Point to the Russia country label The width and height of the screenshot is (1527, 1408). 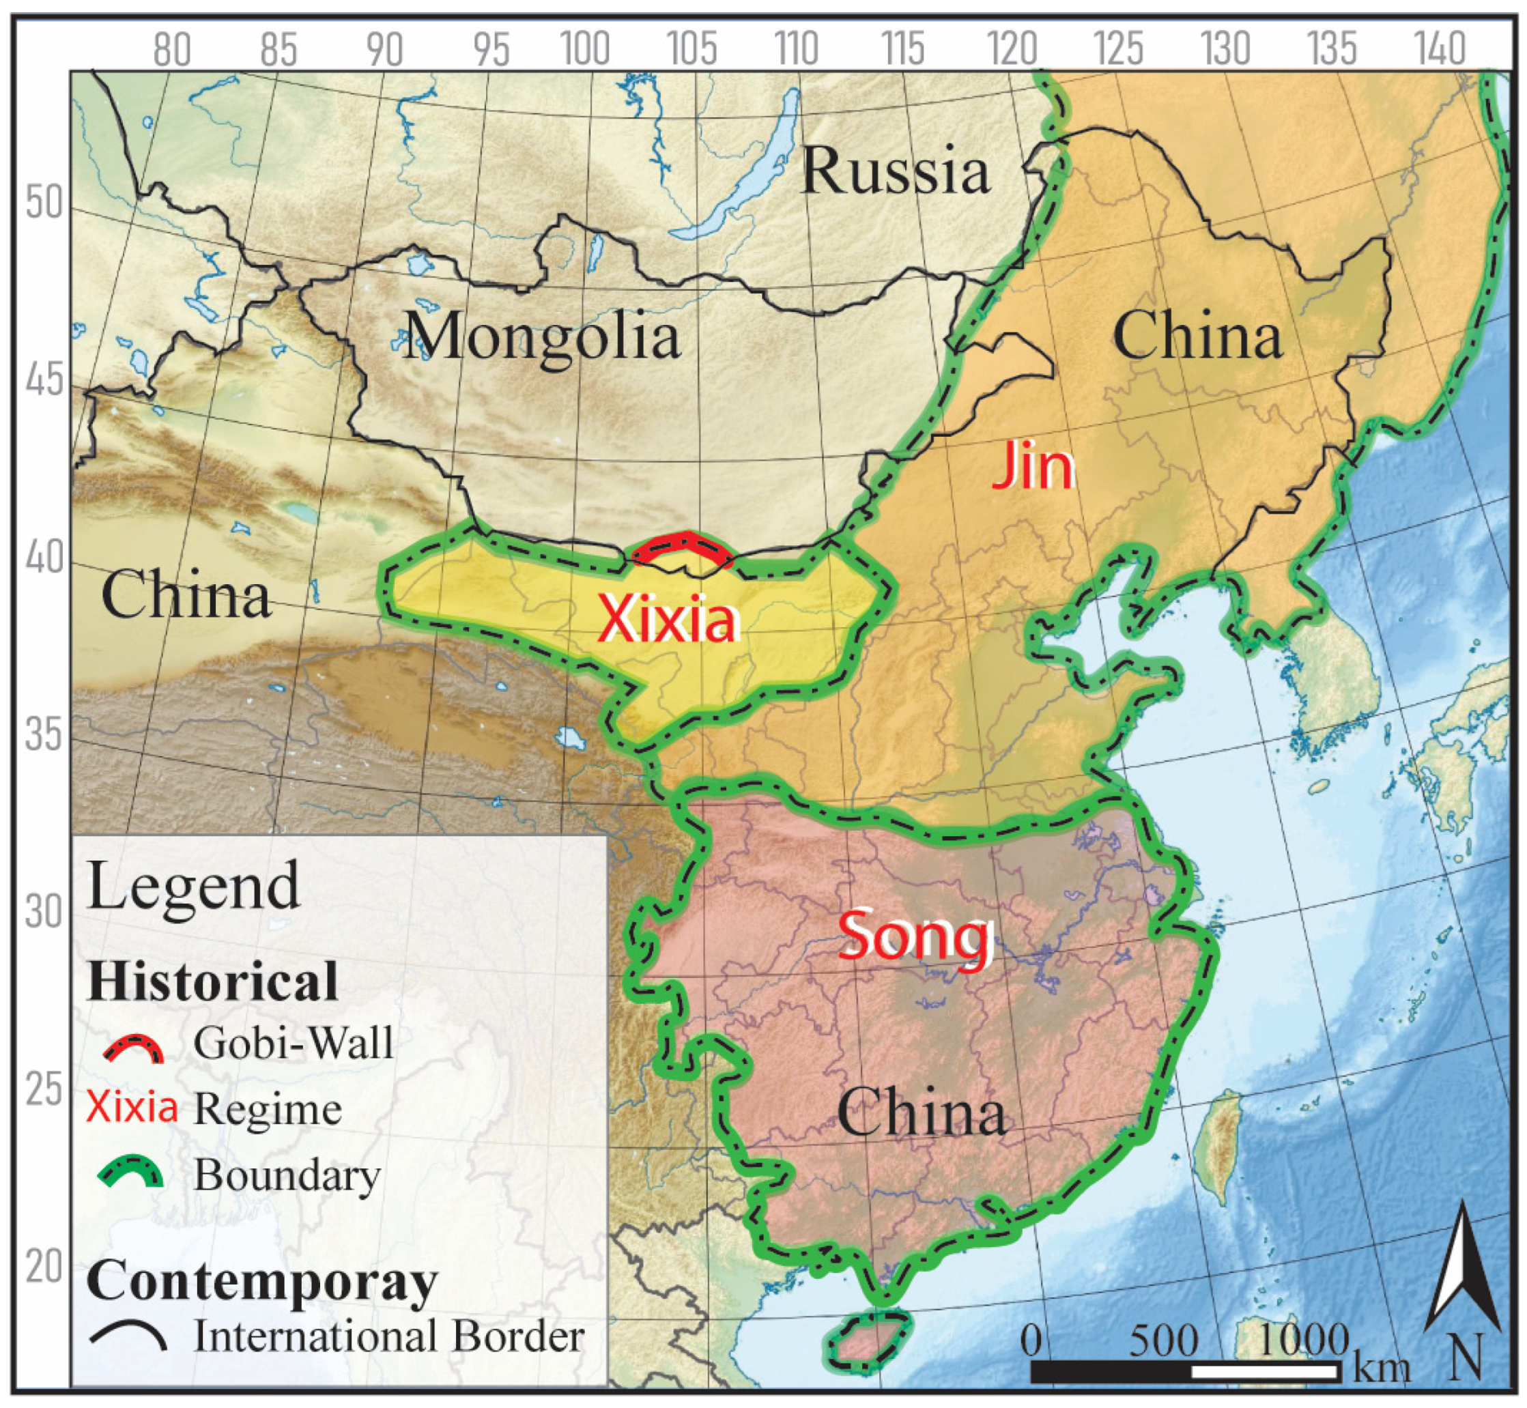(x=896, y=171)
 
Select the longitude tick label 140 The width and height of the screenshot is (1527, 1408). (x=1440, y=51)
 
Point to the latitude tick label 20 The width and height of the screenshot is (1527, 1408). (x=44, y=1266)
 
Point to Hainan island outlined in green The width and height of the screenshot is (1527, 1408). (x=869, y=1349)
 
